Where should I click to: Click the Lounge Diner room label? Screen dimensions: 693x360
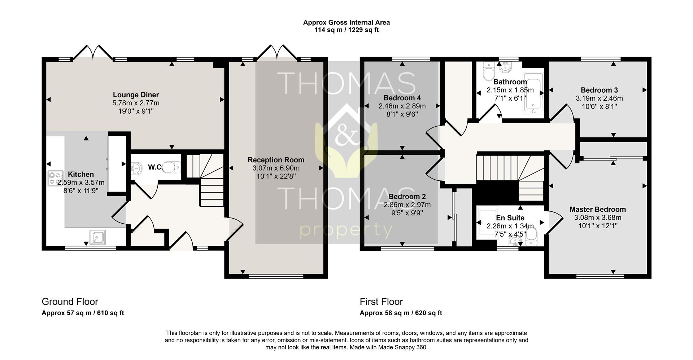point(136,95)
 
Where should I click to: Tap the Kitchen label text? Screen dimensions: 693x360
point(81,175)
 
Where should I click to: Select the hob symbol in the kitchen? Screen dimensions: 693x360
point(56,178)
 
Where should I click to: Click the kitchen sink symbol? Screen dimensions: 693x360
point(97,237)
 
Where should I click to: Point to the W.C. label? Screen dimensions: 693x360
point(155,167)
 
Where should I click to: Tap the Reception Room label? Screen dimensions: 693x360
point(276,160)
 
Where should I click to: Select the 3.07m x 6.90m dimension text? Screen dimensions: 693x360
point(276,168)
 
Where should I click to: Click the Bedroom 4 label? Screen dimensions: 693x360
point(402,98)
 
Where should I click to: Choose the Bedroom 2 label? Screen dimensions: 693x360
point(407,197)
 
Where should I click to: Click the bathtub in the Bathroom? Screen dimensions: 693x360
point(533,93)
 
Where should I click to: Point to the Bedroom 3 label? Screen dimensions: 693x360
point(599,90)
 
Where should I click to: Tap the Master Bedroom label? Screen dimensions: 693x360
point(598,209)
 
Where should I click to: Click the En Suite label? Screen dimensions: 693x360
point(510,218)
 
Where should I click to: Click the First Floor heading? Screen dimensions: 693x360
point(381,302)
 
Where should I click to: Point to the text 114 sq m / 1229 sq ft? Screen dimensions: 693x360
point(346,30)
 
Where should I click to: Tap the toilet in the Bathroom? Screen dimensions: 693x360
point(489,73)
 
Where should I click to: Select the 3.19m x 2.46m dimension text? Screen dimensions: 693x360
point(599,98)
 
